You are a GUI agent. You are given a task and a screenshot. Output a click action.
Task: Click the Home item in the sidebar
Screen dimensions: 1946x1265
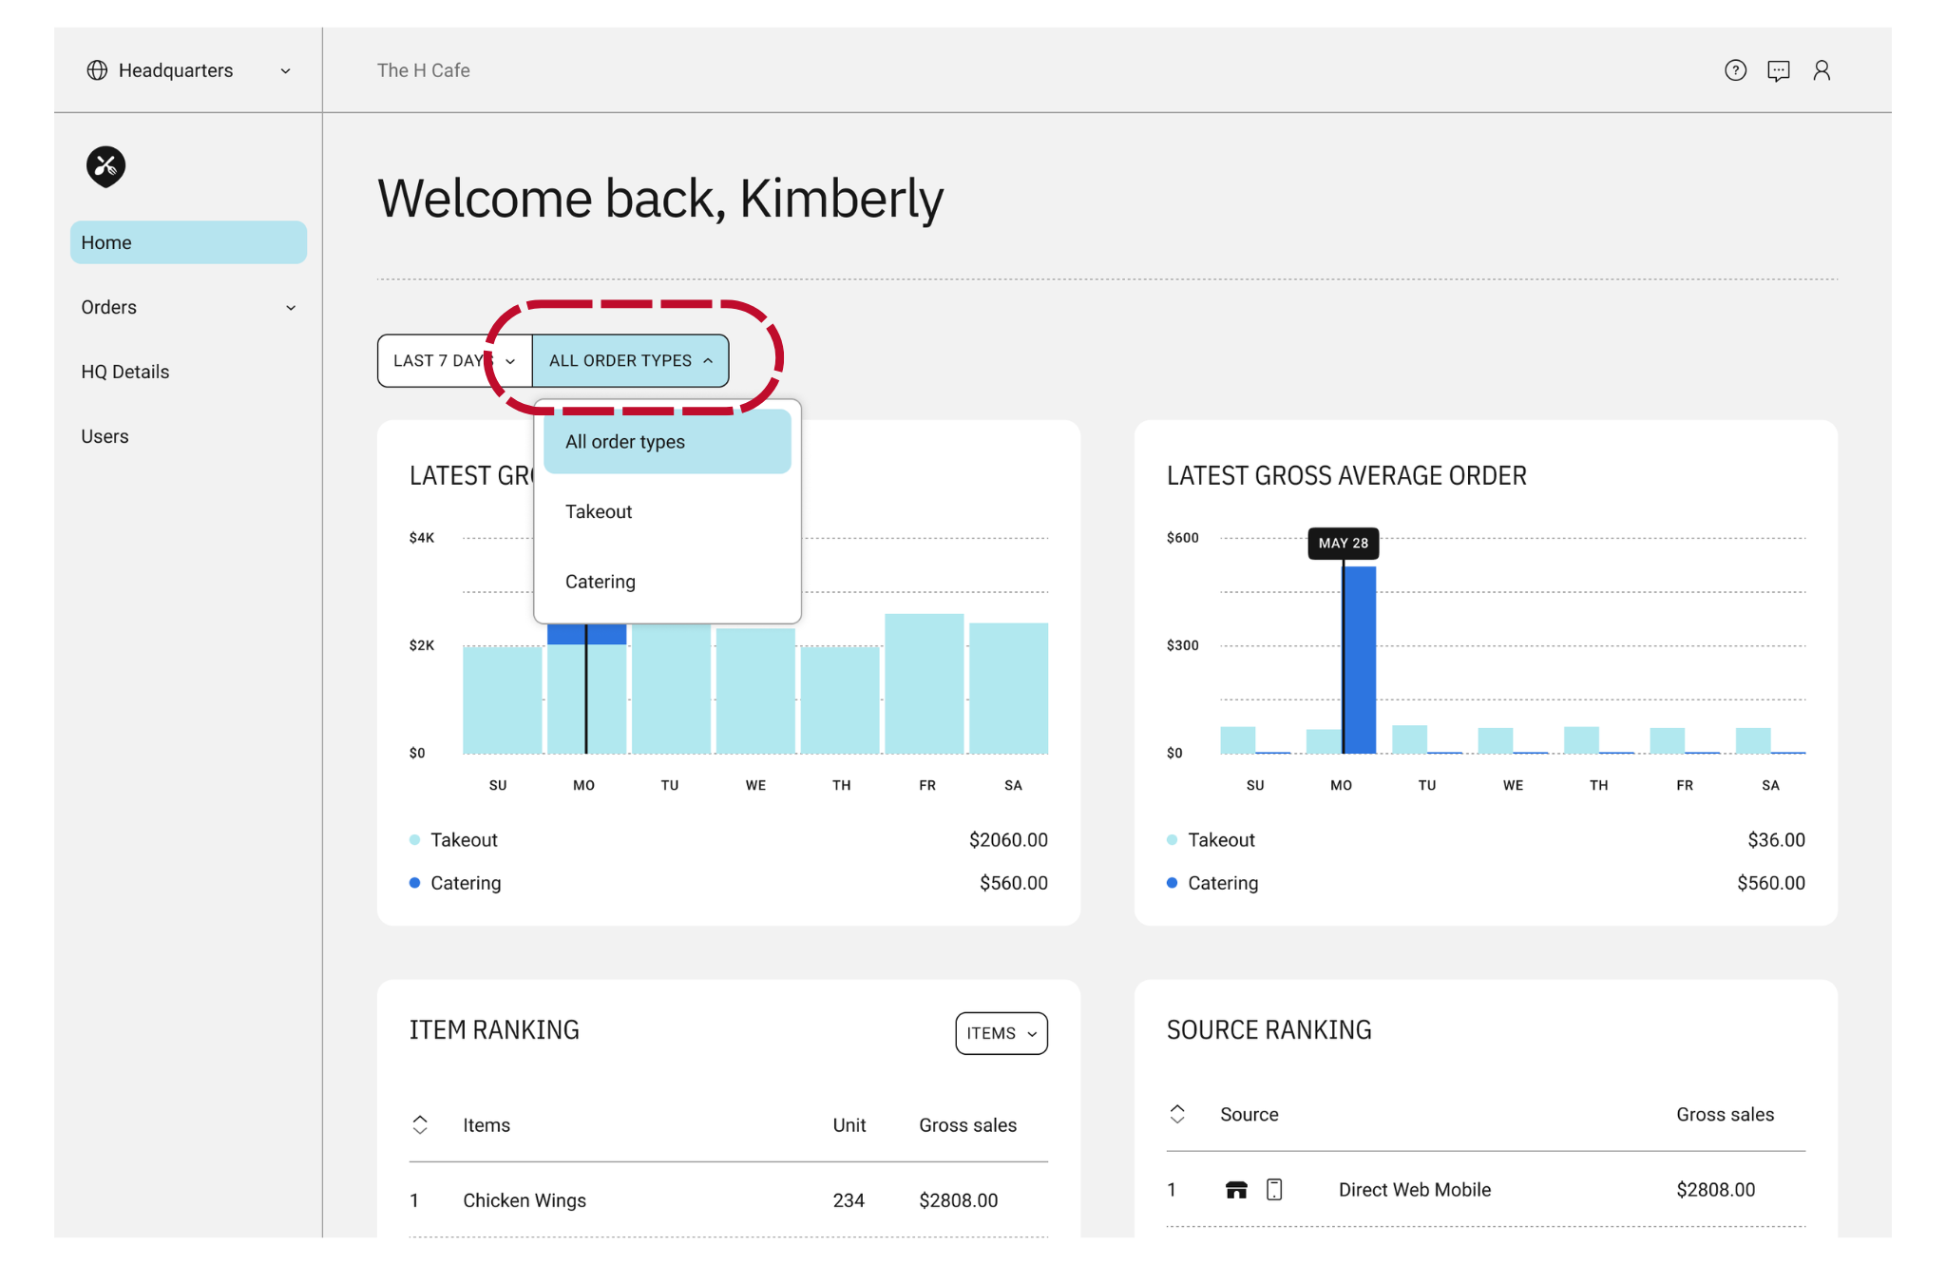188,242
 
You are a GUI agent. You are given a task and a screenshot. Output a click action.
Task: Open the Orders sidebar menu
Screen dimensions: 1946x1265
188,307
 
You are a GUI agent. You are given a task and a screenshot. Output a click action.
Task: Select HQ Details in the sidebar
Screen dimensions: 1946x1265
125,372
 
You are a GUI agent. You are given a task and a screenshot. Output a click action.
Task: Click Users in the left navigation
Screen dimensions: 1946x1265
105,436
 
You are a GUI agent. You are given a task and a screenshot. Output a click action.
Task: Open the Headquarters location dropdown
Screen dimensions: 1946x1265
188,70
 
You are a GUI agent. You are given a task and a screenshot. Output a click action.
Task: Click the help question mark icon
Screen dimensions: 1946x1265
1735,70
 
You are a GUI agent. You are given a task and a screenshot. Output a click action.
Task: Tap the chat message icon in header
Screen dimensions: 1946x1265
1779,70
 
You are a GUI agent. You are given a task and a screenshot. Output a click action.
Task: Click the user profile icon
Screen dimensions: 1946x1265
1822,70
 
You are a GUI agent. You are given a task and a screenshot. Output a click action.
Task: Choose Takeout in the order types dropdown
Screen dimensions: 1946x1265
599,511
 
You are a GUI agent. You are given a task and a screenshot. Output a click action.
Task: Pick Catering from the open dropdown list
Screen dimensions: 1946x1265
601,582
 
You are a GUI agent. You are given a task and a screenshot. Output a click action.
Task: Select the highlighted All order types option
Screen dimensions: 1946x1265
667,442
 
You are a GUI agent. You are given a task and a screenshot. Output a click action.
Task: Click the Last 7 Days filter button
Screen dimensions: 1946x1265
454,360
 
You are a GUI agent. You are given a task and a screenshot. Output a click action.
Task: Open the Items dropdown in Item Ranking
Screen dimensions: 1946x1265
1002,1033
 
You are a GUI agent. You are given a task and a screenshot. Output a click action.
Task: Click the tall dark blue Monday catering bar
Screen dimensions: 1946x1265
1360,660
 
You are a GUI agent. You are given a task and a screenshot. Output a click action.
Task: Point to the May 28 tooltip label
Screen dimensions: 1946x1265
1344,544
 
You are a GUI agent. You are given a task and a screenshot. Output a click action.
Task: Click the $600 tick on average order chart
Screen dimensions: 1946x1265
1183,538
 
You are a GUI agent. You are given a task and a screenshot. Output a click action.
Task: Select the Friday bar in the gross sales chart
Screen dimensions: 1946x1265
925,683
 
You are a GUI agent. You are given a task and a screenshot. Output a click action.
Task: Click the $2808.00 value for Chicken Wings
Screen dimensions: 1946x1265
959,1200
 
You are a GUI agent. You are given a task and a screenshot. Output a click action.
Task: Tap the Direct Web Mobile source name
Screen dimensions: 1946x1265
1415,1190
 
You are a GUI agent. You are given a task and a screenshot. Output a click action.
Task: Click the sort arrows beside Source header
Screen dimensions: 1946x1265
1177,1114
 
